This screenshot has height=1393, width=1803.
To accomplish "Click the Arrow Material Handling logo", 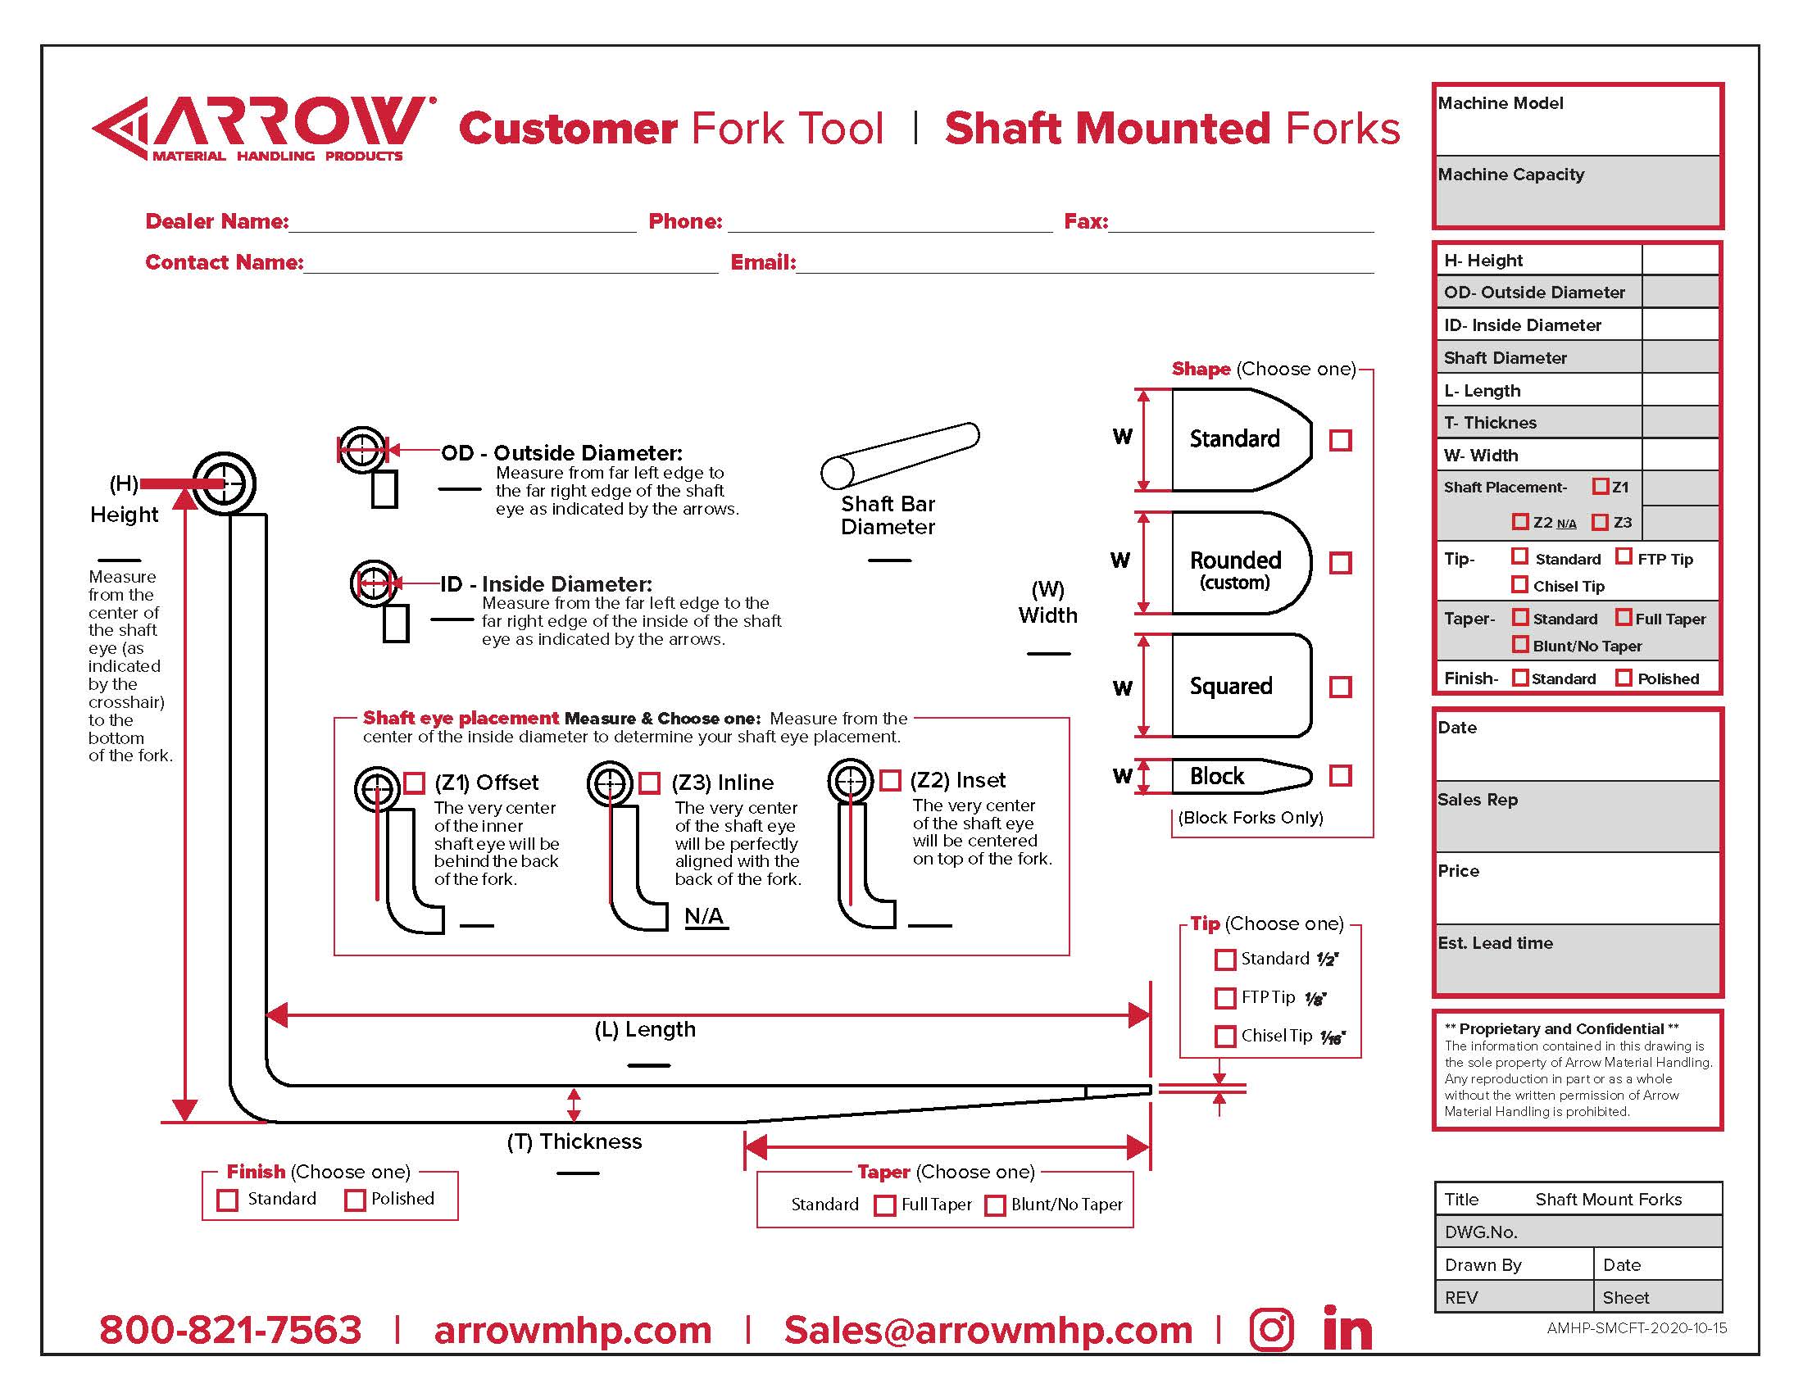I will [x=262, y=129].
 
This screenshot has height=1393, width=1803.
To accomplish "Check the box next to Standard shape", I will [x=1341, y=441].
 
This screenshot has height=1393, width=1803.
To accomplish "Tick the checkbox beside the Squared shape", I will [x=1341, y=687].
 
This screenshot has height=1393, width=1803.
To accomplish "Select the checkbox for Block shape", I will [x=1341, y=776].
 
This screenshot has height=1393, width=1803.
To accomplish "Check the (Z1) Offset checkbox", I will [x=414, y=783].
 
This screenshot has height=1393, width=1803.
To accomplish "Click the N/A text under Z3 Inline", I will [x=704, y=917].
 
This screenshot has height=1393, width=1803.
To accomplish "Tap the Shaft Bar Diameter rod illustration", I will [x=900, y=456].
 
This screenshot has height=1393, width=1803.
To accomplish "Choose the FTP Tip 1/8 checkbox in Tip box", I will [x=1225, y=998].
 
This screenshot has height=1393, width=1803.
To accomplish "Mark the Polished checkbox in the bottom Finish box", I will [x=355, y=1200].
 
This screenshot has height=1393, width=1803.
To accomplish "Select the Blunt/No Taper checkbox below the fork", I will [x=996, y=1205].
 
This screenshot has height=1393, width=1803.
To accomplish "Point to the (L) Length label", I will [x=645, y=1030].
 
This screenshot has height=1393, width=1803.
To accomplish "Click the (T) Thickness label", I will [x=575, y=1142].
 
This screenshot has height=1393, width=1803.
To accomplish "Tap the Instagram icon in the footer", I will [x=1271, y=1329].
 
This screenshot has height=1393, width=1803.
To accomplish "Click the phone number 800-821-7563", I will [x=230, y=1330].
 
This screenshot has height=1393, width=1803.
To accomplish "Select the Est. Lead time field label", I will [x=1495, y=943].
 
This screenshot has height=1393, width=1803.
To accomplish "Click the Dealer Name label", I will [x=216, y=221].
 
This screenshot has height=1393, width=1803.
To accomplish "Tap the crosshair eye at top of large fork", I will [x=225, y=483].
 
